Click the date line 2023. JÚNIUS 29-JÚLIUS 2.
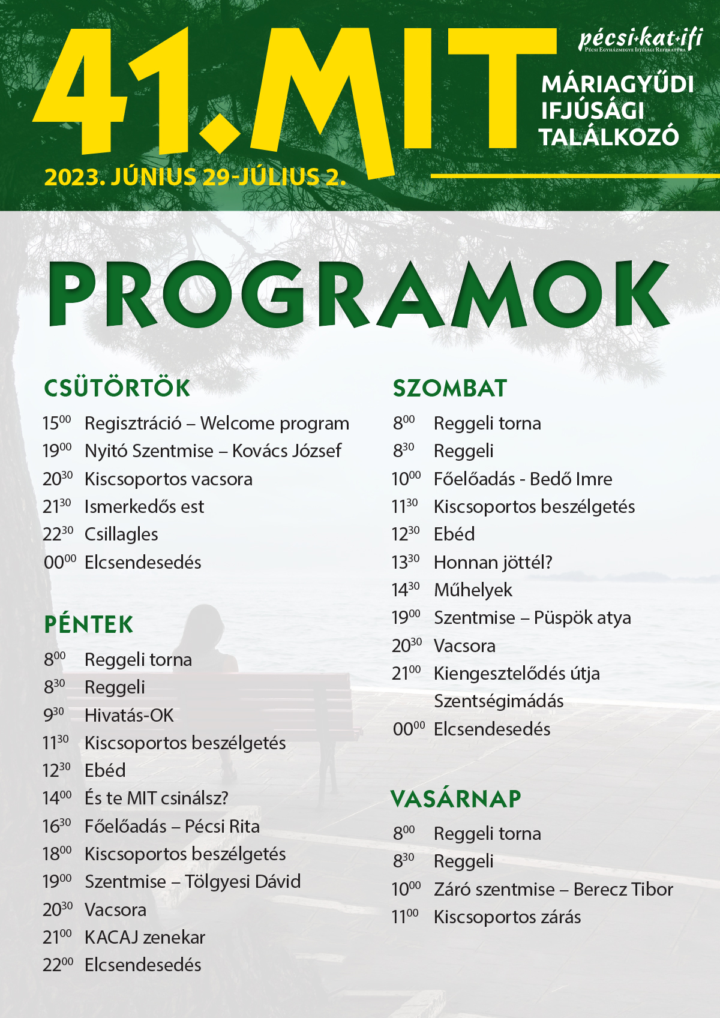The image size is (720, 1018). [195, 177]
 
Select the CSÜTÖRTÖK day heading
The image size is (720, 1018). [117, 388]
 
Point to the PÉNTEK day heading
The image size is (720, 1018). [89, 624]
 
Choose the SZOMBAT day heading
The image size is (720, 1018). [450, 388]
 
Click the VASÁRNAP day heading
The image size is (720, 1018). [456, 799]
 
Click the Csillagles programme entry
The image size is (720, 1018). [121, 534]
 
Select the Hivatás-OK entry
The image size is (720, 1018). [129, 715]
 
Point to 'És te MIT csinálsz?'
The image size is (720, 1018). [157, 798]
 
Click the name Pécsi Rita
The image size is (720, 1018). [222, 827]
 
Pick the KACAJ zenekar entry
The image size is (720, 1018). [145, 938]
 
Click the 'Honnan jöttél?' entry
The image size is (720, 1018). [493, 563]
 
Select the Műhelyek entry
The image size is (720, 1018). [473, 590]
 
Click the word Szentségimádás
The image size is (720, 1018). [499, 701]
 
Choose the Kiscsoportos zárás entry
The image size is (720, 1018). [507, 917]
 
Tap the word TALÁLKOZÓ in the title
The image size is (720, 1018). [609, 137]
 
